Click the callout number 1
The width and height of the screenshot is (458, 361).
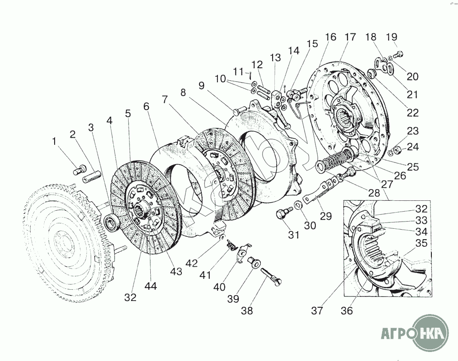pos(54,141)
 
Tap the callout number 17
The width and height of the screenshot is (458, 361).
pos(350,37)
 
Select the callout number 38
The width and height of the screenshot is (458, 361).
pos(247,311)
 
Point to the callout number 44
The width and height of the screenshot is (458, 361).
pos(151,286)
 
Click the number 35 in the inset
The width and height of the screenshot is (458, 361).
pos(421,243)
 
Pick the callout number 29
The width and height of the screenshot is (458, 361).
pos(326,216)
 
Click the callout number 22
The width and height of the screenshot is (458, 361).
pos(413,113)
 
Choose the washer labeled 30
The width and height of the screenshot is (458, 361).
pos(298,205)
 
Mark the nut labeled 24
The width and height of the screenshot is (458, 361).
pos(398,151)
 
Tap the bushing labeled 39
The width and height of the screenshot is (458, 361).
pos(252,262)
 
